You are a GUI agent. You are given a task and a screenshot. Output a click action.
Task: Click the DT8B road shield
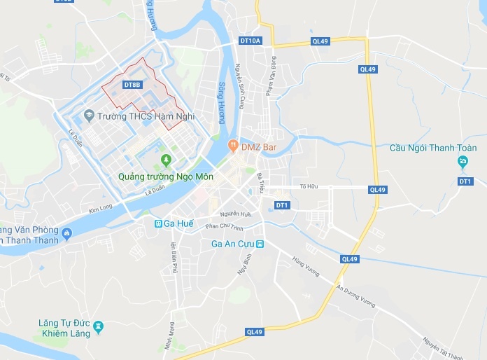132,85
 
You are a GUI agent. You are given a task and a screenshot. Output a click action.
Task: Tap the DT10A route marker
250,41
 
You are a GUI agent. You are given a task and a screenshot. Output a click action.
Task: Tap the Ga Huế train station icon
159,223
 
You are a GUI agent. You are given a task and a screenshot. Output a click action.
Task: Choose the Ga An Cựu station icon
260,244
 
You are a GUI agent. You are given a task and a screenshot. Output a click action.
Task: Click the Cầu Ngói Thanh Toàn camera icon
463,162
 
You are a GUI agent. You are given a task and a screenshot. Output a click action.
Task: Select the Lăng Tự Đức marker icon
98,326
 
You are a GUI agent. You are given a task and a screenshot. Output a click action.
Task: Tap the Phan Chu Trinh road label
223,226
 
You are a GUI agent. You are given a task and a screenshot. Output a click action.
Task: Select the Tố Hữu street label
309,186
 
